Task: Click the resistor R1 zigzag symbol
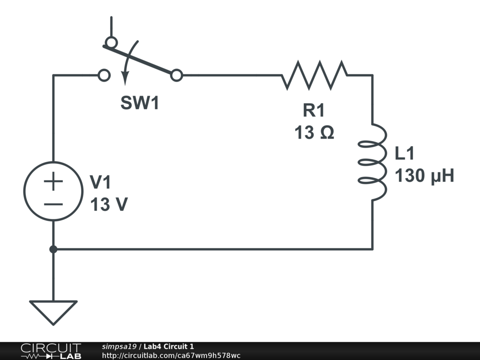click(x=315, y=75)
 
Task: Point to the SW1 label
click(x=140, y=104)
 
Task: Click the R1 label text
click(x=313, y=111)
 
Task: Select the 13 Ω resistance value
click(x=314, y=133)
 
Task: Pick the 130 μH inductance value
click(x=425, y=176)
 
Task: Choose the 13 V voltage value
click(x=108, y=204)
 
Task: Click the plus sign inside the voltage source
click(x=53, y=181)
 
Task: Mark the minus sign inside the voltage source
click(x=53, y=204)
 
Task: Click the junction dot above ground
click(x=53, y=249)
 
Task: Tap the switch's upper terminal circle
click(x=111, y=43)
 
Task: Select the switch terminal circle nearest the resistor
click(x=176, y=75)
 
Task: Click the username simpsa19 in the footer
click(x=119, y=346)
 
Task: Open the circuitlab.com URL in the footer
click(x=171, y=355)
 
